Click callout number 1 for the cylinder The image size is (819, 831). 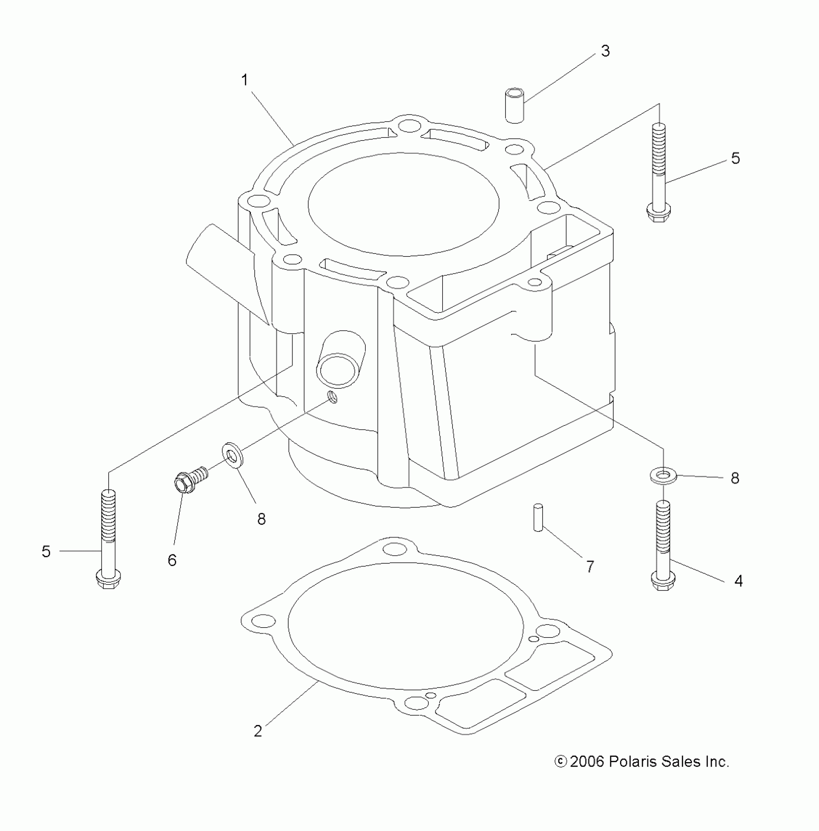click(245, 80)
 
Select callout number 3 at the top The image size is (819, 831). click(605, 51)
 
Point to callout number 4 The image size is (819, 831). click(738, 581)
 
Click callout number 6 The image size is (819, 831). click(172, 560)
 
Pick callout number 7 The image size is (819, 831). click(590, 567)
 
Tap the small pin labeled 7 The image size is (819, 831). click(538, 517)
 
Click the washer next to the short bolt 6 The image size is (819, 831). click(233, 455)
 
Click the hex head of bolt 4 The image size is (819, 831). click(663, 581)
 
